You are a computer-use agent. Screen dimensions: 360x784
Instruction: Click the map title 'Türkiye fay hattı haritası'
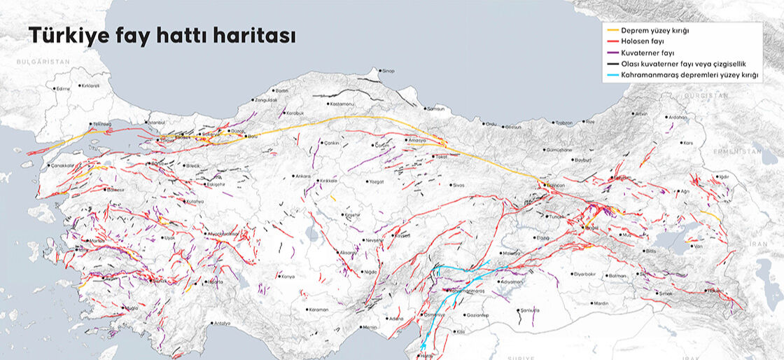(161, 36)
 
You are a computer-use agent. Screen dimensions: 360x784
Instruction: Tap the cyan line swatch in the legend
(612, 74)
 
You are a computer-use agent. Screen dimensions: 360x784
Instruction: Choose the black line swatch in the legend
(612, 63)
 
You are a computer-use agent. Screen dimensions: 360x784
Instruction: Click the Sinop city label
(387, 71)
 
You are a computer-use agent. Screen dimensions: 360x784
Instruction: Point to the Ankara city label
(302, 176)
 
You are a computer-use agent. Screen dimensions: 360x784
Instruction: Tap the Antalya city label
(222, 323)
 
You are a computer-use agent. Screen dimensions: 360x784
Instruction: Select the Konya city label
(287, 276)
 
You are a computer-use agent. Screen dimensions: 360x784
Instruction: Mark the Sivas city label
(458, 185)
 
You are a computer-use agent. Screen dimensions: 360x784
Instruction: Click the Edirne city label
(64, 89)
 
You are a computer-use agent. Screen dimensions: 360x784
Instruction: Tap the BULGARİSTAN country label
(43, 62)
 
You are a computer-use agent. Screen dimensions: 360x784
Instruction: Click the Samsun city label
(435, 109)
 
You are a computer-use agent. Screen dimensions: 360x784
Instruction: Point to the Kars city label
(687, 142)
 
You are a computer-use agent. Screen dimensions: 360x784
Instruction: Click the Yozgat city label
(377, 181)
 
